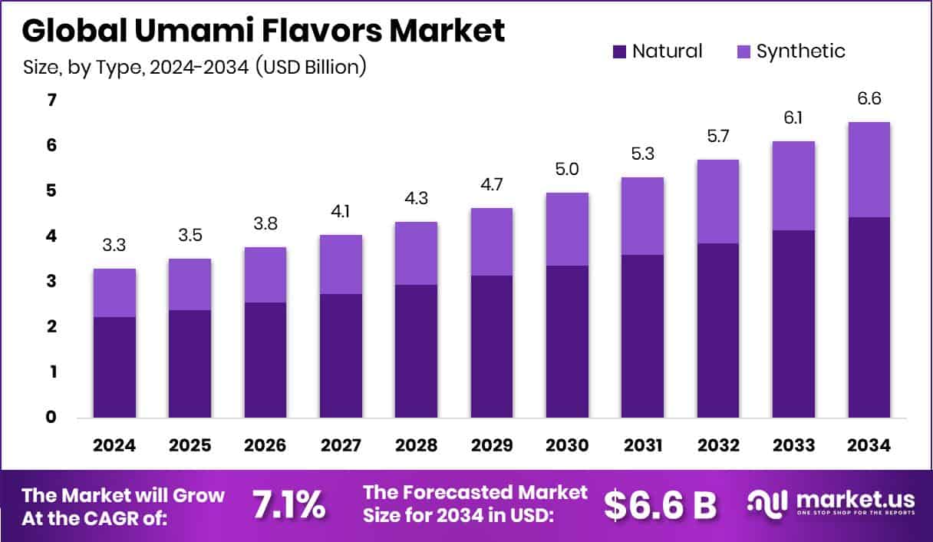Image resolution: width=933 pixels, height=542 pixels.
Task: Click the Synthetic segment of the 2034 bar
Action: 869,170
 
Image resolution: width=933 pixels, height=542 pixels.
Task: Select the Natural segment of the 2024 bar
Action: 114,367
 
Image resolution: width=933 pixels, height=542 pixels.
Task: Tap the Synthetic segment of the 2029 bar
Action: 491,242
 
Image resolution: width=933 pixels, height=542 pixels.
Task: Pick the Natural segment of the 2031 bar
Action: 642,336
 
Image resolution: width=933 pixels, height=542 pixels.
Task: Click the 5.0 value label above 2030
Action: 567,170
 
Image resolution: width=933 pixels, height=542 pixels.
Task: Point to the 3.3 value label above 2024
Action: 114,246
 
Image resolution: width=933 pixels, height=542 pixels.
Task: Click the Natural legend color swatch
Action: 619,52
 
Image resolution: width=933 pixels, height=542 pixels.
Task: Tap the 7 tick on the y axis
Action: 51,101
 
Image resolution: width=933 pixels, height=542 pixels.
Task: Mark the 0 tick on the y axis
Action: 51,418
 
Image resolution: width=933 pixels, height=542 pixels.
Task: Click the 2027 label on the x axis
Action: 341,445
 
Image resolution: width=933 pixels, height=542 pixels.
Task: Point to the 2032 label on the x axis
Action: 718,445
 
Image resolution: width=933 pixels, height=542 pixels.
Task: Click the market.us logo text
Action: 855,500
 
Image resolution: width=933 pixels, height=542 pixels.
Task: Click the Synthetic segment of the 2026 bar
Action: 265,275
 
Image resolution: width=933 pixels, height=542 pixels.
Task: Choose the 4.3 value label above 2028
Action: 416,199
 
